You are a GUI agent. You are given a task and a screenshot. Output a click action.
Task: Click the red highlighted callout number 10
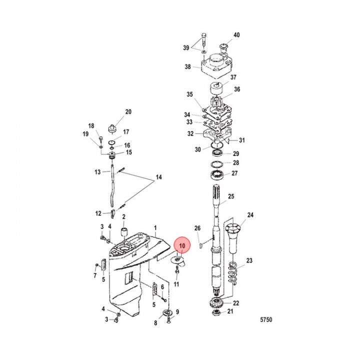(x=182, y=245)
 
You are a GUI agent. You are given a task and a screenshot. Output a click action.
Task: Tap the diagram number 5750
(x=266, y=319)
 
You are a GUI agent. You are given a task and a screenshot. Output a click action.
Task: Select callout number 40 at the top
(x=236, y=35)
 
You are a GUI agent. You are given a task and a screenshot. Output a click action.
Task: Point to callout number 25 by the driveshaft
(x=231, y=196)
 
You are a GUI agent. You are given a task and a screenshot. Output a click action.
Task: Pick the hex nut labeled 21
(x=216, y=312)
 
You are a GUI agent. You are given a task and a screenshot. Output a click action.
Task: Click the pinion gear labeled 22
(x=216, y=302)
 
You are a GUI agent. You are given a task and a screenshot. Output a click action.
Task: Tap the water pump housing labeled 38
(x=216, y=65)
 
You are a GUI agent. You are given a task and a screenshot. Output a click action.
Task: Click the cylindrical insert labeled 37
(x=217, y=88)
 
